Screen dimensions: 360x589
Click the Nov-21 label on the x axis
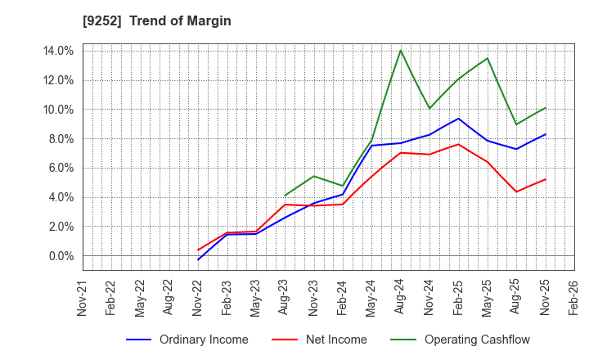pyautogui.click(x=83, y=296)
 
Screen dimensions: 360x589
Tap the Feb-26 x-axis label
pyautogui.click(x=573, y=296)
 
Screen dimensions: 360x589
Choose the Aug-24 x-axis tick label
pyautogui.click(x=400, y=296)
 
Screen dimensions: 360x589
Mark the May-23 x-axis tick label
pyautogui.click(x=256, y=296)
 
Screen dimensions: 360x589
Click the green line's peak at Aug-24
pyautogui.click(x=401, y=51)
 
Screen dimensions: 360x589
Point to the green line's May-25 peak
pyautogui.click(x=488, y=58)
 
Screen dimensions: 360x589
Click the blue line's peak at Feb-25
pyautogui.click(x=459, y=119)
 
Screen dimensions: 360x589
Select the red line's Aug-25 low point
pyautogui.click(x=516, y=191)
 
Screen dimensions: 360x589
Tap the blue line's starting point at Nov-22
pyautogui.click(x=199, y=259)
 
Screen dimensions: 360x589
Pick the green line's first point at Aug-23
pyautogui.click(x=285, y=196)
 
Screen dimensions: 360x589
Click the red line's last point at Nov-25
pyautogui.click(x=546, y=179)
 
